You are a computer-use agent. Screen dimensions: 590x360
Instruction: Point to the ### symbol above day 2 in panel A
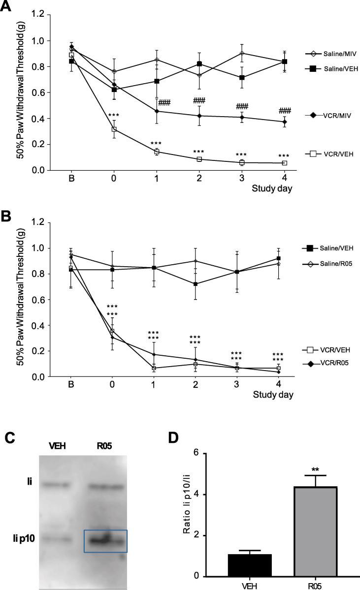point(199,100)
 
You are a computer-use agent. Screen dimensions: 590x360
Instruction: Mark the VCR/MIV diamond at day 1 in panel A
point(157,111)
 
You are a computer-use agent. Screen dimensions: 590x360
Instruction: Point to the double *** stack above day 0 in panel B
point(113,310)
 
